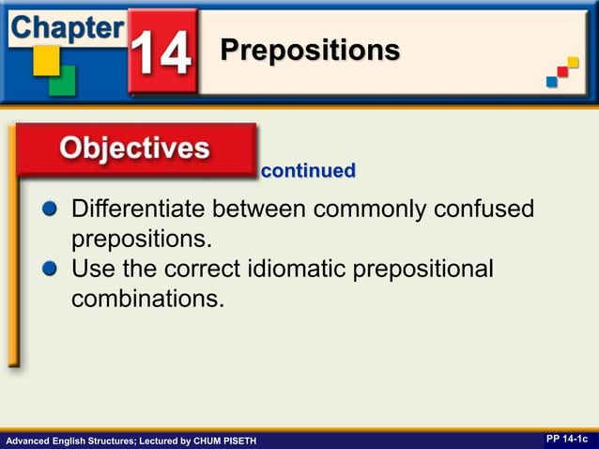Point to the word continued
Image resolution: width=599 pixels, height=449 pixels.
(308, 171)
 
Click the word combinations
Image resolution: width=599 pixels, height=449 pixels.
(147, 299)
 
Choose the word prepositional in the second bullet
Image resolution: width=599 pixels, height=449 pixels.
(422, 270)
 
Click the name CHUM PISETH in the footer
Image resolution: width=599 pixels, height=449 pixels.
(223, 441)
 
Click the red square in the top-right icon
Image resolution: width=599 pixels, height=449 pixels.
(563, 71)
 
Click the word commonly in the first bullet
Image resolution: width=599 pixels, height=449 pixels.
(371, 208)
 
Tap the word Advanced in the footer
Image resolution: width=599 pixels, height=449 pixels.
(26, 441)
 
